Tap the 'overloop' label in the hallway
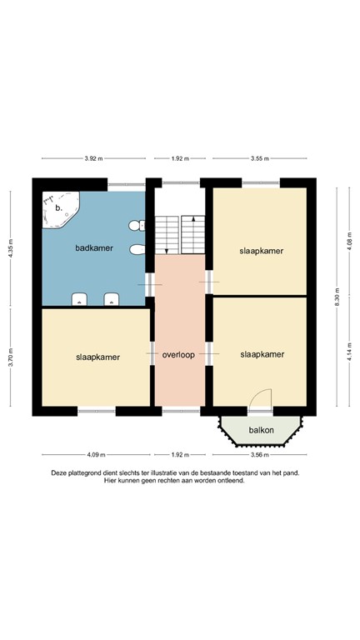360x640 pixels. pyautogui.click(x=178, y=354)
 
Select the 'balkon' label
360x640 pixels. pyautogui.click(x=262, y=431)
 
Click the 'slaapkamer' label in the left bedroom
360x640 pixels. pyautogui.click(x=92, y=357)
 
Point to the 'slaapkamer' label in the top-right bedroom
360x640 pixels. pyautogui.click(x=262, y=250)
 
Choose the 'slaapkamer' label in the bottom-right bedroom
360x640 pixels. pyautogui.click(x=262, y=354)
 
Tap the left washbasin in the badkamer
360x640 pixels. pyautogui.click(x=80, y=299)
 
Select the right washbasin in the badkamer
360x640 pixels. pyautogui.click(x=111, y=299)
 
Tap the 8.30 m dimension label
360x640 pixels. pyautogui.click(x=337, y=297)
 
